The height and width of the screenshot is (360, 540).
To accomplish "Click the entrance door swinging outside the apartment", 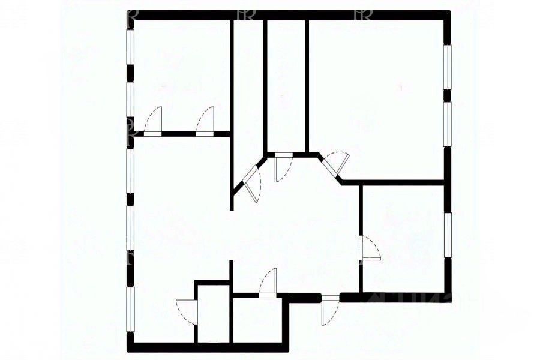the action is pyautogui.click(x=329, y=309).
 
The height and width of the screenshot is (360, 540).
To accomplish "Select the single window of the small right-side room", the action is pyautogui.click(x=447, y=234).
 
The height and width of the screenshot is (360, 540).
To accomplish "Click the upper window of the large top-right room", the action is pyautogui.click(x=447, y=66).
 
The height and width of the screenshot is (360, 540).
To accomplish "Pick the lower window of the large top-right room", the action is pyautogui.click(x=447, y=123).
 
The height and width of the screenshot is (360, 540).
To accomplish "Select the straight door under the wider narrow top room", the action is pyautogui.click(x=280, y=167).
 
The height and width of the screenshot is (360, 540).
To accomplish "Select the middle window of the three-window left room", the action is pyautogui.click(x=130, y=228).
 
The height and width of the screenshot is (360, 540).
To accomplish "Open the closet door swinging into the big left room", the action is pyautogui.click(x=188, y=312).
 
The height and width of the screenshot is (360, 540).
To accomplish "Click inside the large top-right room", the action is pyautogui.click(x=375, y=96).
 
